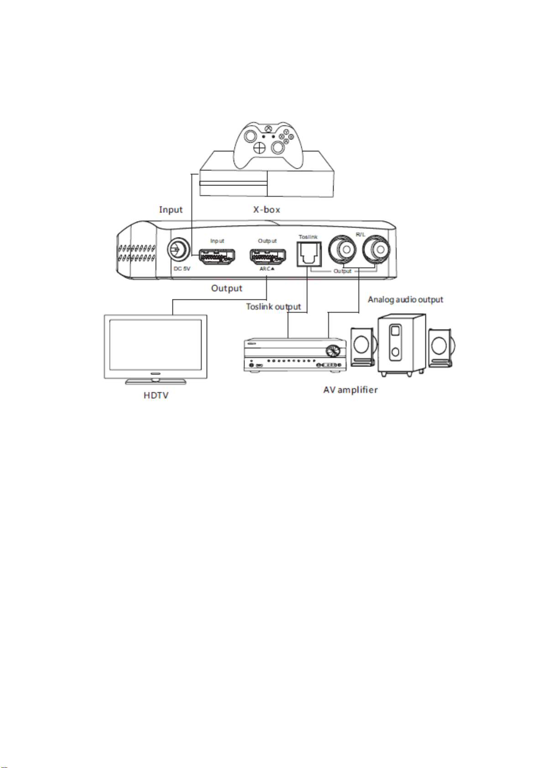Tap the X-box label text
[267, 210]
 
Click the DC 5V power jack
[178, 249]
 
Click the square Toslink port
[309, 254]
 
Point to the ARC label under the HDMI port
[267, 269]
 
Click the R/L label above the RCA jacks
[361, 235]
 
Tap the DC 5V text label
[182, 269]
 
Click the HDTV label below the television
[156, 395]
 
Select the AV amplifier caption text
[350, 390]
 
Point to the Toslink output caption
[273, 306]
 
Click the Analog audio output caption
[406, 299]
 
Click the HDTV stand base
[156, 381]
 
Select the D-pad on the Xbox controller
[260, 148]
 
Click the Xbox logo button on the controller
[268, 129]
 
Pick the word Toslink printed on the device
[308, 237]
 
